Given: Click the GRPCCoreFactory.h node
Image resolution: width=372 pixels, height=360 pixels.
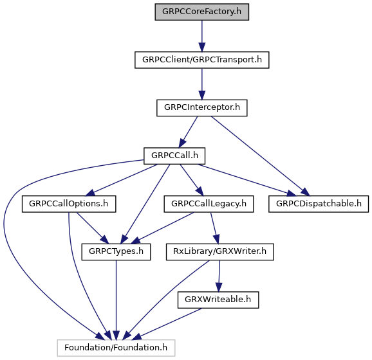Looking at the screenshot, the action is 202,12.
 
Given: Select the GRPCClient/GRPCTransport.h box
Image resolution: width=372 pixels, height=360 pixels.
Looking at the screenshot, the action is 202,60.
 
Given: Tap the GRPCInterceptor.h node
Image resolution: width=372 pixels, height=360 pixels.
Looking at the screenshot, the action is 202,108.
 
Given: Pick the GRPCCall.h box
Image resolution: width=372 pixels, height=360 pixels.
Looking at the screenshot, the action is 174,156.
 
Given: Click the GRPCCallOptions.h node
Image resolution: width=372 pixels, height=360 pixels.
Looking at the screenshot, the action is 69,204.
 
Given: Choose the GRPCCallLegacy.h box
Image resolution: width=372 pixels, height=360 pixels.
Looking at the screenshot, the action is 209,204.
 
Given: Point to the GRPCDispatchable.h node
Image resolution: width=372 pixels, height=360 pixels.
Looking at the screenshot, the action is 319,204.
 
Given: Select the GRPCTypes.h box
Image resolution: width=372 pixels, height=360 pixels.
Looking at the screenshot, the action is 116,252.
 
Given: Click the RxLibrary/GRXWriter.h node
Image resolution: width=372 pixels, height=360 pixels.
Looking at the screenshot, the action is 220,252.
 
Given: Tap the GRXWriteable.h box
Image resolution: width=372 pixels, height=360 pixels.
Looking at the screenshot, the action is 218,300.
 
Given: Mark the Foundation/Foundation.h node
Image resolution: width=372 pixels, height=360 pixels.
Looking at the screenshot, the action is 116,348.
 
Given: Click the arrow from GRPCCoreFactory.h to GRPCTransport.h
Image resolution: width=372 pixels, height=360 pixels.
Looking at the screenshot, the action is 202,36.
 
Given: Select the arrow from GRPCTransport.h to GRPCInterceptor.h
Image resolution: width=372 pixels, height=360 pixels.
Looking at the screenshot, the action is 202,84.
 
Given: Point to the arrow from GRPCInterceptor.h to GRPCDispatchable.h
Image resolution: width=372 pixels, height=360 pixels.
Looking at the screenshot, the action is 260,156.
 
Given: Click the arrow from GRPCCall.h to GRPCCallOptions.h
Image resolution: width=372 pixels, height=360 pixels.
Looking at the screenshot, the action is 121,180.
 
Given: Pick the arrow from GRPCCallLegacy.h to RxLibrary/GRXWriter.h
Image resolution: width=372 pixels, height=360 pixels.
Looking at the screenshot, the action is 215,228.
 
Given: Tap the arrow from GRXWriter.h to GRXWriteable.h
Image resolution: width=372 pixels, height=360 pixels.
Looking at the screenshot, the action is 219,276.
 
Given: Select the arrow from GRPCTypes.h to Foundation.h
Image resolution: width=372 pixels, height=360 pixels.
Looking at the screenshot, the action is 116,300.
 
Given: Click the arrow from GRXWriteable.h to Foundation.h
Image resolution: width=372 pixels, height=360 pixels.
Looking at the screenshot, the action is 167,324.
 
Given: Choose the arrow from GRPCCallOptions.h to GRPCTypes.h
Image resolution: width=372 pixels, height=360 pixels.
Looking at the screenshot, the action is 93,228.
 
